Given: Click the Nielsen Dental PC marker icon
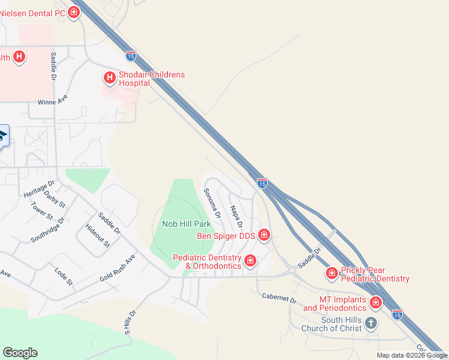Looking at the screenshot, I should [74, 12].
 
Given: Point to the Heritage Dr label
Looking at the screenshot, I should [39, 190].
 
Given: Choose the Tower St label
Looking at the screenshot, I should [42, 211].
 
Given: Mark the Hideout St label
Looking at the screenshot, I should [97, 235].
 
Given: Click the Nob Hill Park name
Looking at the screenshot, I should [186, 224].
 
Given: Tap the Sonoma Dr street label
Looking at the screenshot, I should [212, 202].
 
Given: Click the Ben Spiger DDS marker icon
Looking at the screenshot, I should [264, 235].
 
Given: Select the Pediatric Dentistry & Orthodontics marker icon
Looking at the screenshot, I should [250, 261].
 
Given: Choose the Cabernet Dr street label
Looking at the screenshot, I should [279, 297].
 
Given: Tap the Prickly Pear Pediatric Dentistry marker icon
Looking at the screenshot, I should [331, 274].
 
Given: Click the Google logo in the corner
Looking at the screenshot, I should [20, 353].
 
